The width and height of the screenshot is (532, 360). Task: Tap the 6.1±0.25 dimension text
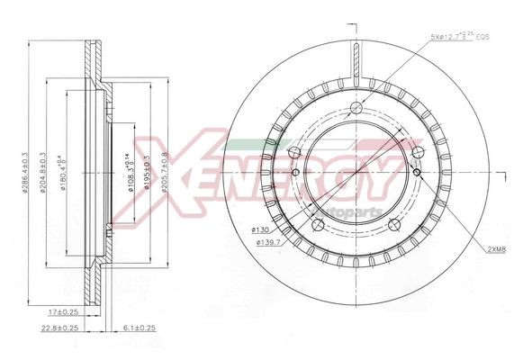pos(139,328)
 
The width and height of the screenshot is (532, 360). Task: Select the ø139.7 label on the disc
pos(266,243)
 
